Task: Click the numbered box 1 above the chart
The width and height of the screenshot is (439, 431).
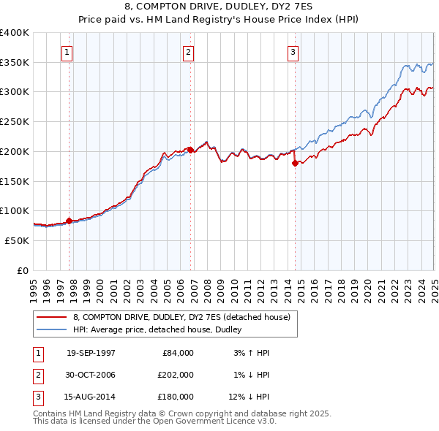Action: pyautogui.click(x=67, y=52)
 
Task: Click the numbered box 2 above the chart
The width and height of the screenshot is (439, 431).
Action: pyautogui.click(x=188, y=52)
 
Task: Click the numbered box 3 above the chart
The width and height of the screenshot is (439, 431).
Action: pyautogui.click(x=292, y=52)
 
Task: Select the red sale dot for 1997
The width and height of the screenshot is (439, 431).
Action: pyautogui.click(x=69, y=221)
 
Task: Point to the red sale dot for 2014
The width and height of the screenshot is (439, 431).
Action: pyautogui.click(x=295, y=163)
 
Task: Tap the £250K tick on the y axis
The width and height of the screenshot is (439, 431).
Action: pyautogui.click(x=15, y=121)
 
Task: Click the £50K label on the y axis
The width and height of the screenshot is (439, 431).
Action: pyautogui.click(x=18, y=240)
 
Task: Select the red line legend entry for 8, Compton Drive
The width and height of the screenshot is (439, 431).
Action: pyautogui.click(x=182, y=317)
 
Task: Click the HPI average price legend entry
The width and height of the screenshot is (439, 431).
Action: pyautogui.click(x=162, y=329)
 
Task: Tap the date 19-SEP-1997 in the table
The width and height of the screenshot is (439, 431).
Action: pyautogui.click(x=91, y=353)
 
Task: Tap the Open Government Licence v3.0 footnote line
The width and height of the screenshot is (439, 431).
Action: pyautogui.click(x=155, y=422)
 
